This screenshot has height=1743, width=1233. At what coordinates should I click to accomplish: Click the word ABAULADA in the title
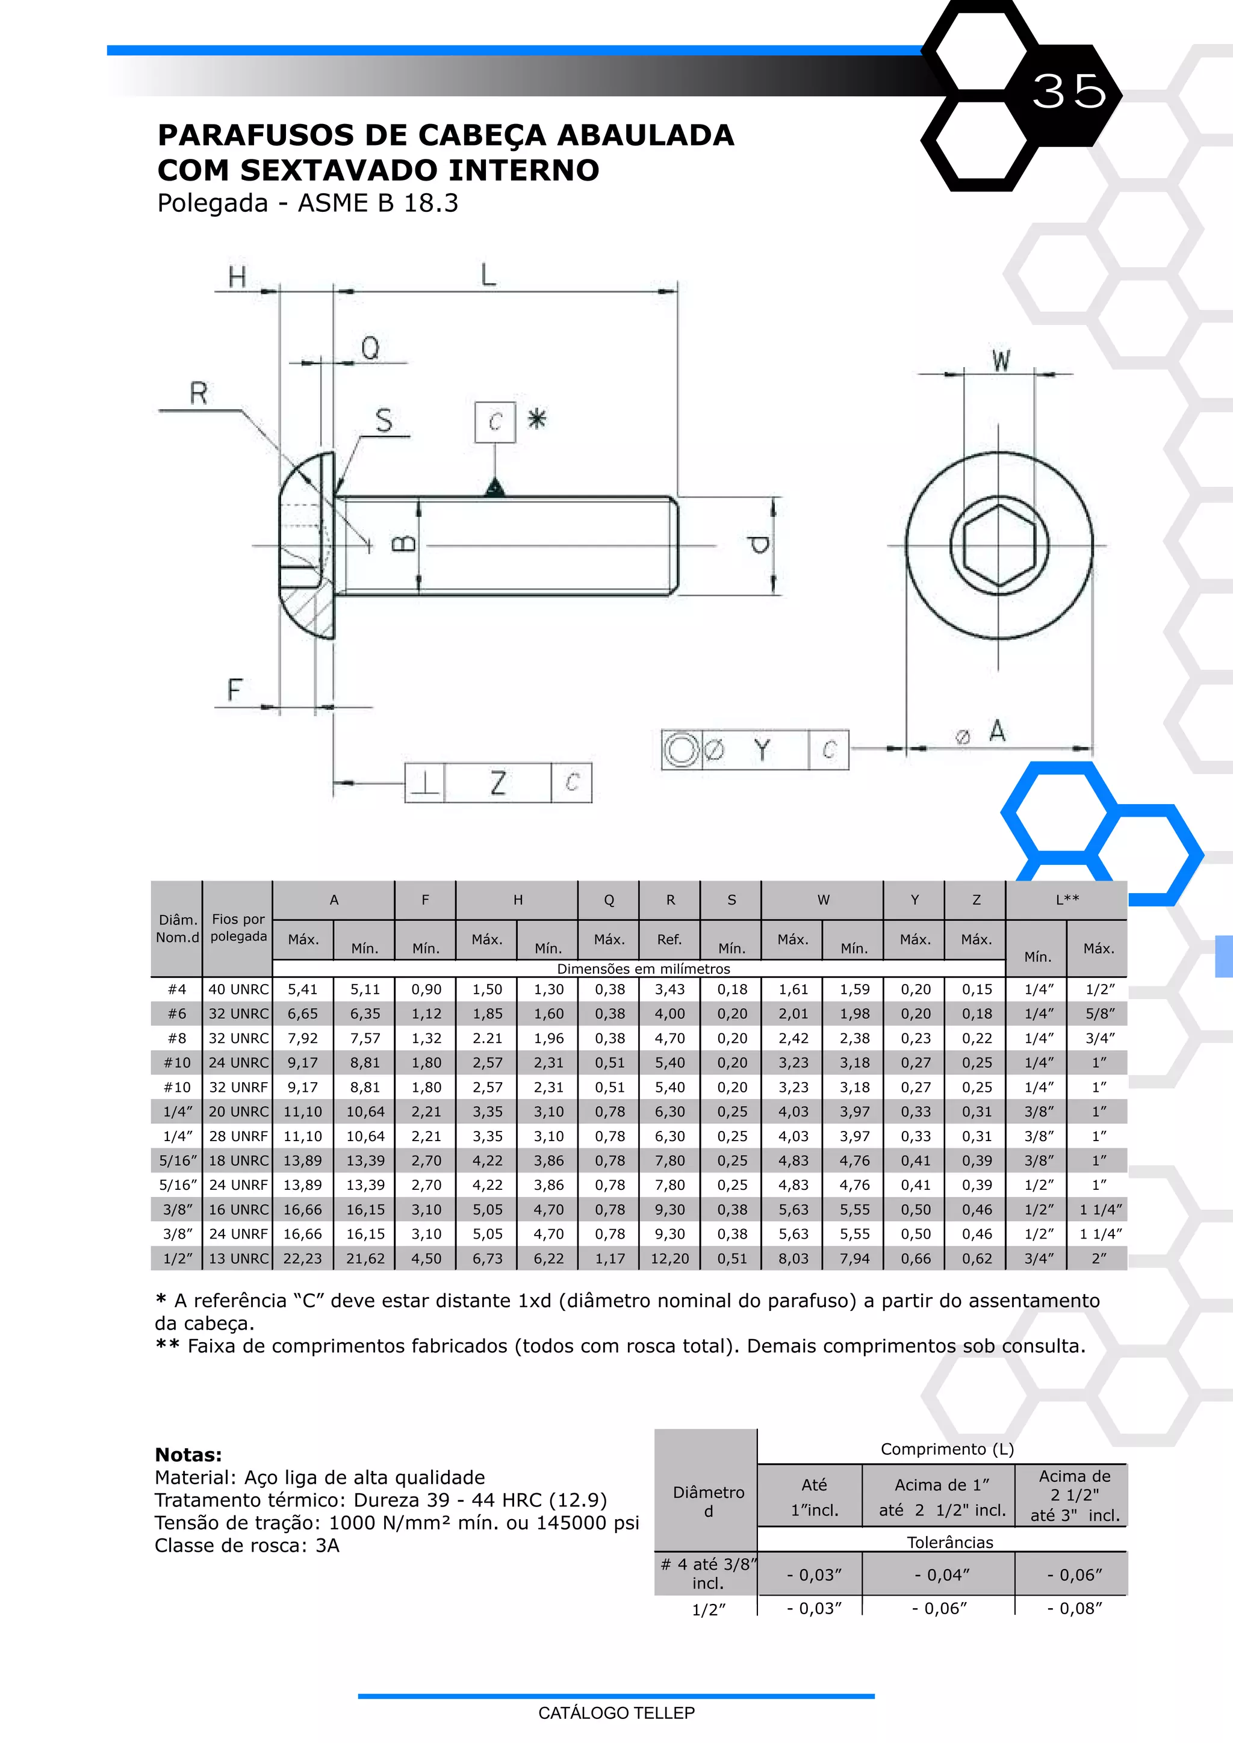(x=645, y=135)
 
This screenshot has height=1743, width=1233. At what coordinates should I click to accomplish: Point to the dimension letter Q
(x=370, y=348)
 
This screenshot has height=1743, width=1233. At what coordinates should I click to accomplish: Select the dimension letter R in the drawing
(x=198, y=393)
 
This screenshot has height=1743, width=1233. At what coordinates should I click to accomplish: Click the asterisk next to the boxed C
(x=537, y=419)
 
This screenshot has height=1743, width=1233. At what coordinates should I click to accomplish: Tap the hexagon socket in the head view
(x=999, y=545)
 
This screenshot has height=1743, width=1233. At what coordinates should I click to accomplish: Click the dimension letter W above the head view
(x=1001, y=361)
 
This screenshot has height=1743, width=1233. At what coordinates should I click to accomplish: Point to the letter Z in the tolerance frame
(x=498, y=782)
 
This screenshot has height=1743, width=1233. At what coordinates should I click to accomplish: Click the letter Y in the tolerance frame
(x=762, y=750)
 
